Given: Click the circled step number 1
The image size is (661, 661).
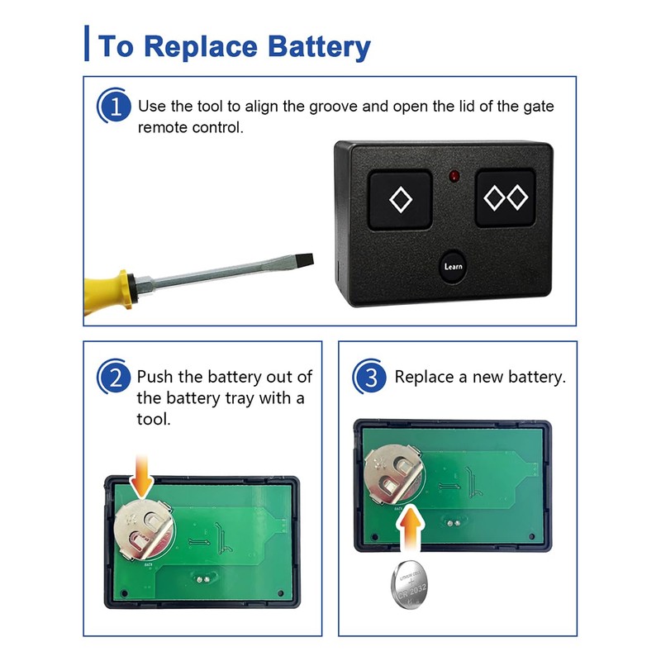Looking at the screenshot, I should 114,107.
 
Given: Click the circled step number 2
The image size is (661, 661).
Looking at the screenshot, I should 114,378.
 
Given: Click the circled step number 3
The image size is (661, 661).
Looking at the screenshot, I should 370,378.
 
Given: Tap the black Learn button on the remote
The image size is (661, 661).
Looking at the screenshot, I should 453,266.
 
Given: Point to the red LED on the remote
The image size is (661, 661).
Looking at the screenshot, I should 454,176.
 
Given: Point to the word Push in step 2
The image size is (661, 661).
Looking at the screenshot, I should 156,378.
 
